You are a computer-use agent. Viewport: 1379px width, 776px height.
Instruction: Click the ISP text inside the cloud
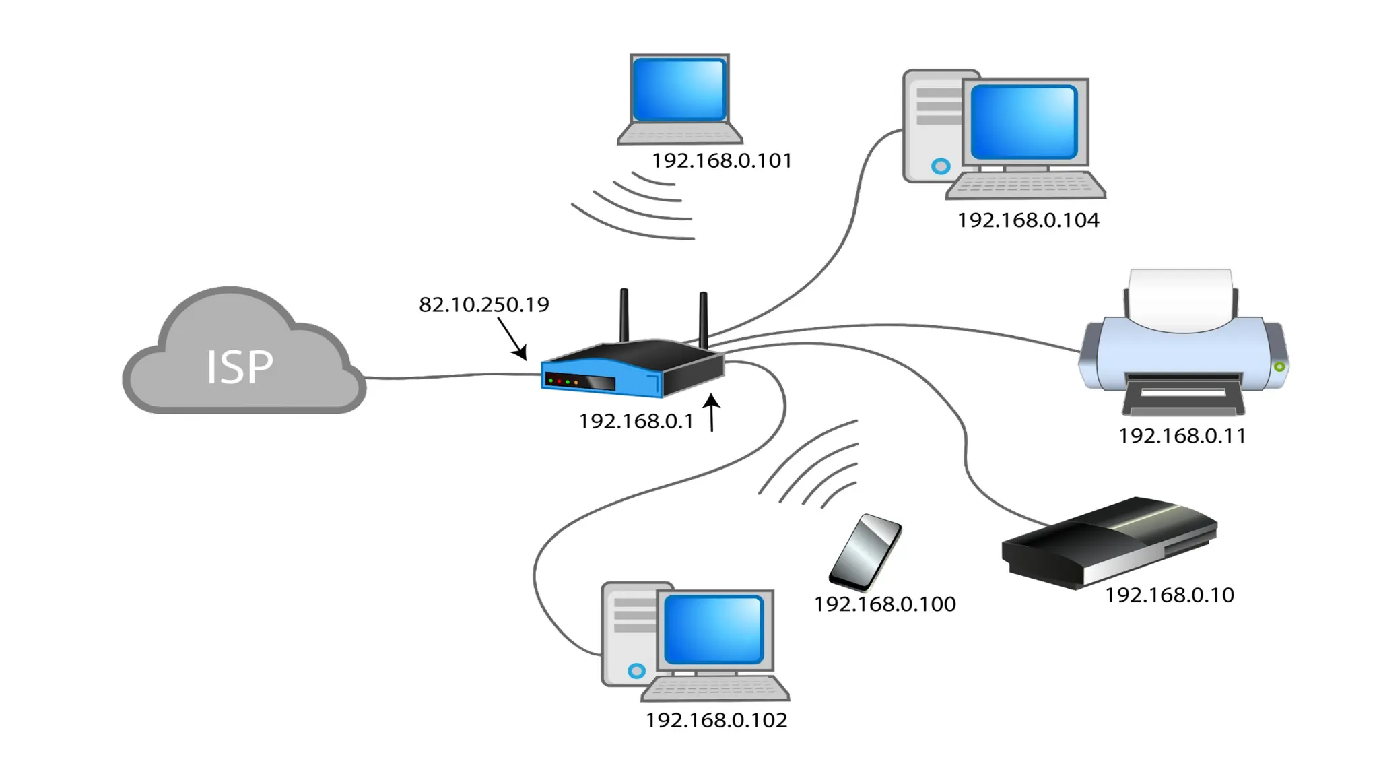tap(240, 368)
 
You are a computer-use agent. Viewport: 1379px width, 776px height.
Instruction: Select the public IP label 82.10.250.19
tap(483, 304)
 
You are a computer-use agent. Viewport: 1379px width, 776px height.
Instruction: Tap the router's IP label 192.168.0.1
tap(636, 422)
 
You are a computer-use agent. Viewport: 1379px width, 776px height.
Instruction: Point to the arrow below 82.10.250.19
tap(512, 339)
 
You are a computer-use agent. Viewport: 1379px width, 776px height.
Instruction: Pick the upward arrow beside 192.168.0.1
tap(712, 412)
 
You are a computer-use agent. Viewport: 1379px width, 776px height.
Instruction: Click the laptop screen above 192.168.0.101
tap(679, 90)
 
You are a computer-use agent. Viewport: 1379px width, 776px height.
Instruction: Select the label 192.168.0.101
tap(721, 161)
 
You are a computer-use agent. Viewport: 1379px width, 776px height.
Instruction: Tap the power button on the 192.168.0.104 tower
tap(941, 166)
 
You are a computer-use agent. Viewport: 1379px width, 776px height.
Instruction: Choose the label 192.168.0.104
tap(1028, 220)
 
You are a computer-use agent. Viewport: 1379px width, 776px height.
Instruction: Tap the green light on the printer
tap(1279, 366)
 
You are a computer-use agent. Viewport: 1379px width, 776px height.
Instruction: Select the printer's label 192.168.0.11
tap(1182, 437)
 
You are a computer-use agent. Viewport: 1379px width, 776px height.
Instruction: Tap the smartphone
tap(865, 552)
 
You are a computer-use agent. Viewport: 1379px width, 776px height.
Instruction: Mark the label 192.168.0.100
tap(884, 604)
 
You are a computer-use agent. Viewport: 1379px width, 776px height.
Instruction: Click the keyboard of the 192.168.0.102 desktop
tap(715, 689)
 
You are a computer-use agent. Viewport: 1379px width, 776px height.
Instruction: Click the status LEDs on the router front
tap(563, 382)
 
